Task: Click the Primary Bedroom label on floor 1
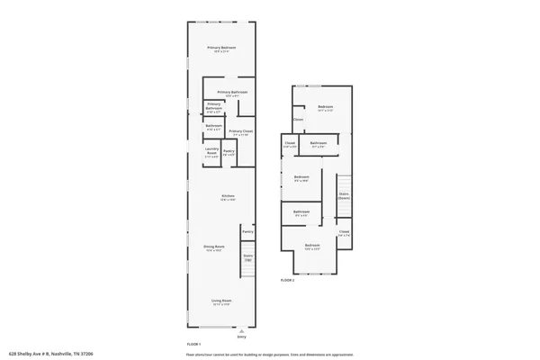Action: pyautogui.click(x=220, y=49)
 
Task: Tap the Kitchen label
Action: pyautogui.click(x=229, y=198)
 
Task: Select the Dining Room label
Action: pyautogui.click(x=213, y=247)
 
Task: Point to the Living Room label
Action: pyautogui.click(x=221, y=301)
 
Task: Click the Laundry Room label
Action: pyautogui.click(x=212, y=152)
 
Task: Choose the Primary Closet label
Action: pyautogui.click(x=240, y=132)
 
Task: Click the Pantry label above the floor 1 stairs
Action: pyautogui.click(x=247, y=231)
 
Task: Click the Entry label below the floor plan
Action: pyautogui.click(x=241, y=337)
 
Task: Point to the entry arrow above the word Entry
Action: pyautogui.click(x=241, y=330)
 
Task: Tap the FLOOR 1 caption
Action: pyautogui.click(x=193, y=345)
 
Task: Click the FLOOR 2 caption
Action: pyautogui.click(x=287, y=281)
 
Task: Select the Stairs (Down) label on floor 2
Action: pyautogui.click(x=343, y=194)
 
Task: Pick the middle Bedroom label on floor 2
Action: pyautogui.click(x=301, y=177)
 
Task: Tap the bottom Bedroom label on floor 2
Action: pyautogui.click(x=311, y=247)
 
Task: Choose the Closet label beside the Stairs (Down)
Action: pyautogui.click(x=344, y=232)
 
